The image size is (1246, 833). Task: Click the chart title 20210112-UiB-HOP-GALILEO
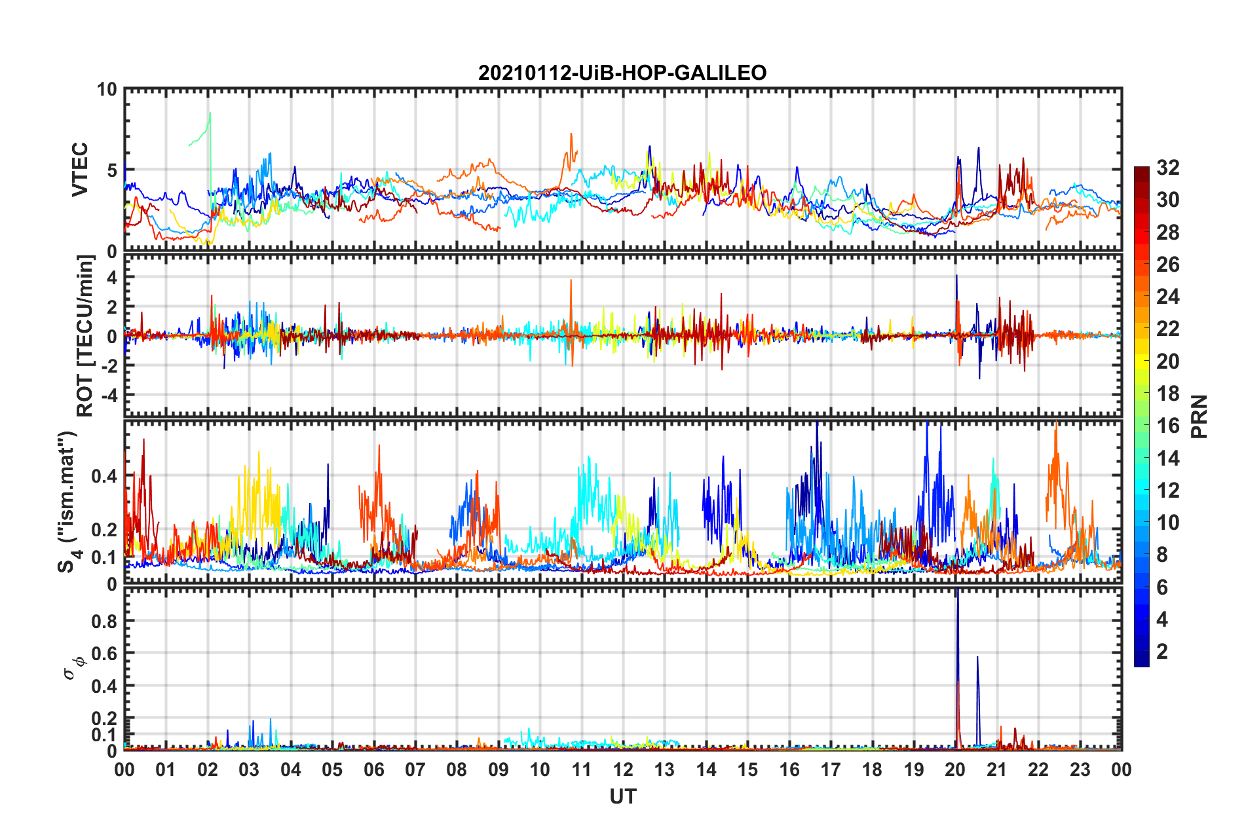click(x=622, y=73)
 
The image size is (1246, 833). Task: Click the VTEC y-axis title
click(x=80, y=169)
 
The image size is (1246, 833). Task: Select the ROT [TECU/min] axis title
click(x=85, y=336)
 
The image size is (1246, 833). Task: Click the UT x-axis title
click(x=622, y=796)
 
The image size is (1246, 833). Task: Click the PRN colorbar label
click(x=1199, y=417)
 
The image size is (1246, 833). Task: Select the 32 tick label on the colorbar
click(x=1167, y=168)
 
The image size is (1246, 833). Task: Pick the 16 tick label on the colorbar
click(x=1167, y=426)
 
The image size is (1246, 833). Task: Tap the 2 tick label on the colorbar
click(x=1162, y=652)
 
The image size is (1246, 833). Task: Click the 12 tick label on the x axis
click(x=622, y=769)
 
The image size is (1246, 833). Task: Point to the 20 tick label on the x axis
click(x=955, y=769)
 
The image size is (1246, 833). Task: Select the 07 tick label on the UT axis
click(x=415, y=769)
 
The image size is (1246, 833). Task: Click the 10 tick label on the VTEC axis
click(x=107, y=90)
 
